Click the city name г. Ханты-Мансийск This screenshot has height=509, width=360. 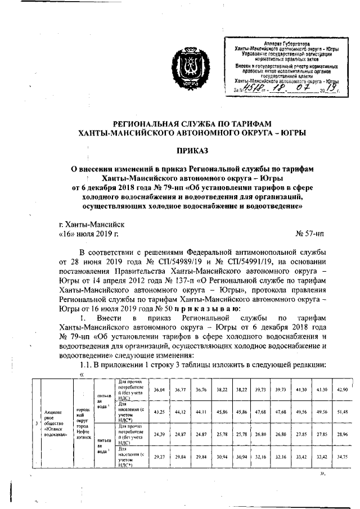94,223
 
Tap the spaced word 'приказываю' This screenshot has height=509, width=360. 208,309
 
